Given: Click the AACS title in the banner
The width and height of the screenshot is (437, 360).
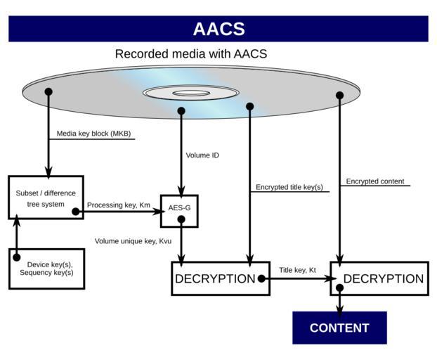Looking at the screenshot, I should [x=218, y=29].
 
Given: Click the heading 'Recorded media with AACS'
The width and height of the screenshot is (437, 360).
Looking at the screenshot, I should [x=190, y=54].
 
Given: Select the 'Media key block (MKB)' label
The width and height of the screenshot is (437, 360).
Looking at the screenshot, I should [x=93, y=134].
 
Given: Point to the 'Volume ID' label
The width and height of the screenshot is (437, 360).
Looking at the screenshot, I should [x=202, y=155].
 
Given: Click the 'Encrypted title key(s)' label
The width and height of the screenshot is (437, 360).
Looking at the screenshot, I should [x=289, y=187].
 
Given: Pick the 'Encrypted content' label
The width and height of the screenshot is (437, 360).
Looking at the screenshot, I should [x=375, y=181].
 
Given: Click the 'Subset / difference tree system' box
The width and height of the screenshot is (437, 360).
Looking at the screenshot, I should [x=46, y=198].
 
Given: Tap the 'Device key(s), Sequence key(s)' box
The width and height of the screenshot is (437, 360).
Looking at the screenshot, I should [x=46, y=268].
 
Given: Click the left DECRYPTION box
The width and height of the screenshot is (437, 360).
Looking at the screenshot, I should [x=220, y=278].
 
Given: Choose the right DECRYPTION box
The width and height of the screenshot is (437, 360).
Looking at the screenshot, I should [x=379, y=278].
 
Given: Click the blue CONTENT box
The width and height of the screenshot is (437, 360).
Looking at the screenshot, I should [x=339, y=328].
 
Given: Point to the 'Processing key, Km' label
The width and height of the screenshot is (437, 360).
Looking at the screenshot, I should [x=119, y=205].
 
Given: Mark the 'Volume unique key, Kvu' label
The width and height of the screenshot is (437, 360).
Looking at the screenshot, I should [x=133, y=241].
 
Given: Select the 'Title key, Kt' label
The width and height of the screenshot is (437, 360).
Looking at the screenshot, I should [x=297, y=270].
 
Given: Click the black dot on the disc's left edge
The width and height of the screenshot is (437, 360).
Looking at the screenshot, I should [x=48, y=92].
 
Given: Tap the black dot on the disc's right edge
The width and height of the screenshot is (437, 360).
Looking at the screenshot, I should [x=339, y=96].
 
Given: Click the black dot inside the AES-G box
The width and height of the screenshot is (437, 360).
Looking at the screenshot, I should [x=181, y=219].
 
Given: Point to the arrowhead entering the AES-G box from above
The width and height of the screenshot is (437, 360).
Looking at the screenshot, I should [x=181, y=190].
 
